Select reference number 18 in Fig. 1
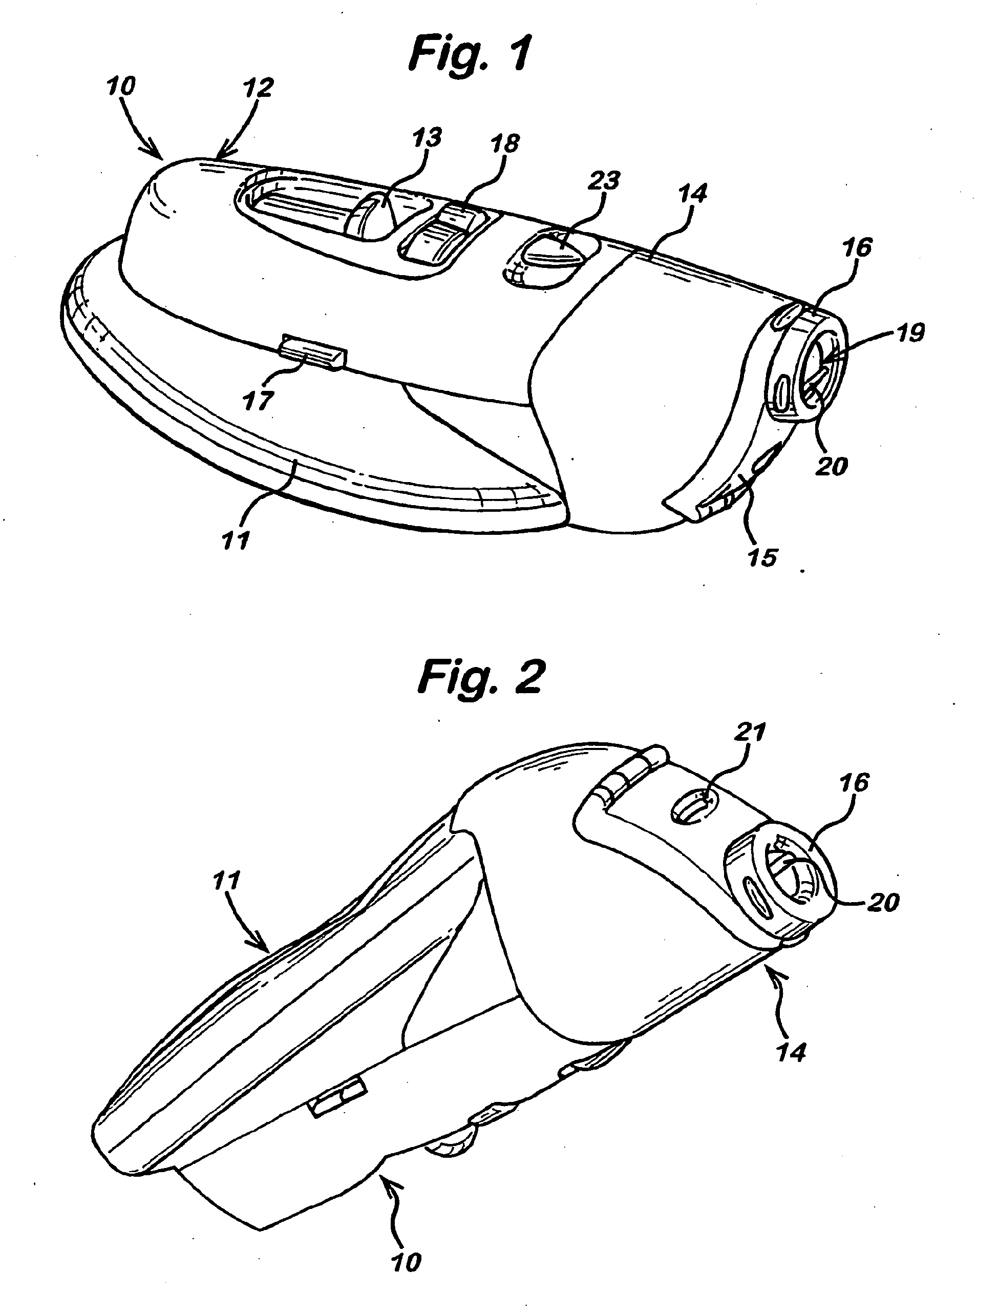[505, 144]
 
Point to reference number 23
[604, 181]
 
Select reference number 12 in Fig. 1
[258, 88]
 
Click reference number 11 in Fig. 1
[236, 541]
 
